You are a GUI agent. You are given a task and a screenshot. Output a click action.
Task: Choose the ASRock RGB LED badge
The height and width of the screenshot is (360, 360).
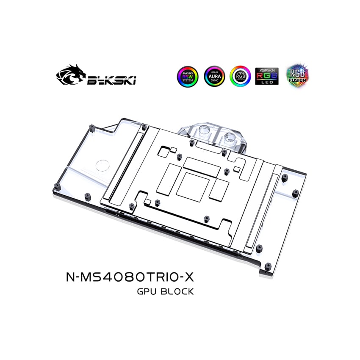(267, 76)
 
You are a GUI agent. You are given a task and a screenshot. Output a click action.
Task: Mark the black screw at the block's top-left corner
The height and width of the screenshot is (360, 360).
(91, 126)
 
